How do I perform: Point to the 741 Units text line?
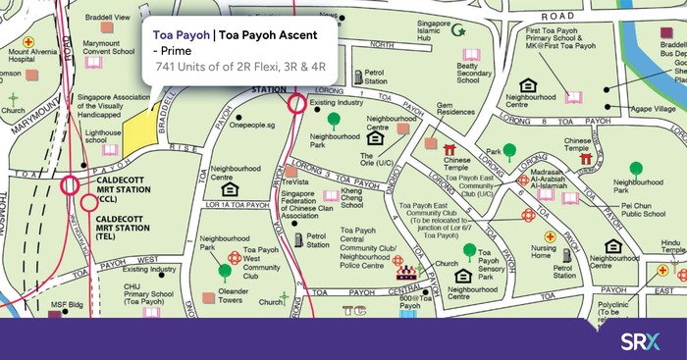click(x=239, y=72)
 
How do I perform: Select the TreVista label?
click(x=295, y=182)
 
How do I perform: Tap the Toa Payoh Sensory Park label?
click(x=497, y=265)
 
